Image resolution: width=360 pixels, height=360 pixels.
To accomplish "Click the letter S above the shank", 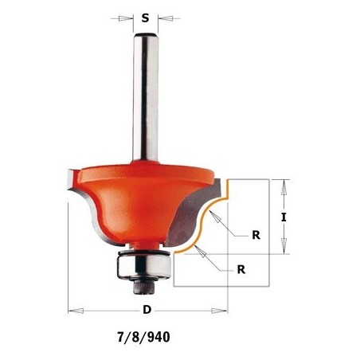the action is point(145,18).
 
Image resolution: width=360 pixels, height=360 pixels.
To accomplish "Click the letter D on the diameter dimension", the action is point(147,310).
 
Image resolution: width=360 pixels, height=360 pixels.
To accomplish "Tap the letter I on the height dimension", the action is point(284,217).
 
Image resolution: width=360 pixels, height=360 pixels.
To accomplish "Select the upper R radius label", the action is point(256,235).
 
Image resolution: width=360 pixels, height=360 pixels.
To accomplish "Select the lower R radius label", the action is point(241,269).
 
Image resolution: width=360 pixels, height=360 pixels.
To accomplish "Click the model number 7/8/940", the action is point(144,338).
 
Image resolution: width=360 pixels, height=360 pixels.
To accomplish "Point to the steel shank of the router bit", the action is point(146,97).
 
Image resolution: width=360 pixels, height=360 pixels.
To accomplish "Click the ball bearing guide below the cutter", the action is point(143,264).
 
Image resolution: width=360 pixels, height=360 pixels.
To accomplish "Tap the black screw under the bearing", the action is point(143,287).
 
